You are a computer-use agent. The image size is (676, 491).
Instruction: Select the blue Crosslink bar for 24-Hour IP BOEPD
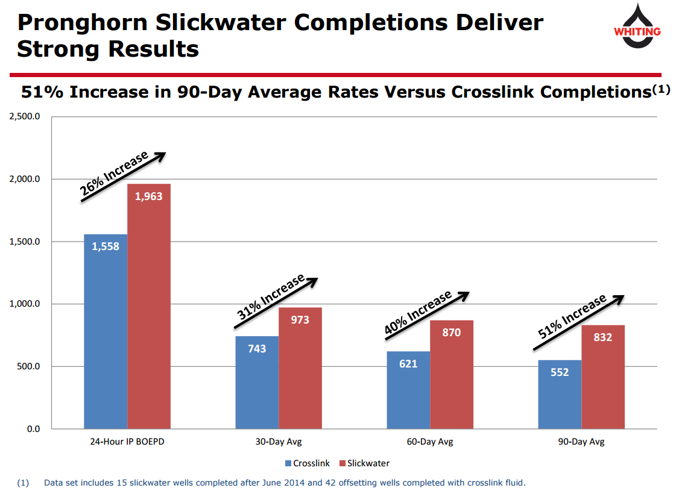click(106, 331)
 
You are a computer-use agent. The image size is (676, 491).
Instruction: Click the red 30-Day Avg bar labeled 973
click(300, 368)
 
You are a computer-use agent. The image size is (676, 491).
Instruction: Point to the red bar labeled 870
click(452, 374)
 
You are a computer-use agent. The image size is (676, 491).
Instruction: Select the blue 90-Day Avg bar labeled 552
click(560, 395)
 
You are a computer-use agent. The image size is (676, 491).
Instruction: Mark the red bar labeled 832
click(603, 377)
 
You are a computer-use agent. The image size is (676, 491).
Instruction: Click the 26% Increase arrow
click(123, 177)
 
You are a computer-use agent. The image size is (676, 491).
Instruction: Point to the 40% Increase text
click(418, 313)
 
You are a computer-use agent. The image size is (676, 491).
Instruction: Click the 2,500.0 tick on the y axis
click(25, 117)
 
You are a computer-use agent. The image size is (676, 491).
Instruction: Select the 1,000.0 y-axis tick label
click(25, 304)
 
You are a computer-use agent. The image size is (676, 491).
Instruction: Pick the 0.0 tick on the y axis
click(32, 429)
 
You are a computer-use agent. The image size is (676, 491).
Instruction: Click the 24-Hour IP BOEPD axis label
click(127, 442)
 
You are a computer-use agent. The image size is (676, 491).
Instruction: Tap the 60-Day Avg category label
click(430, 442)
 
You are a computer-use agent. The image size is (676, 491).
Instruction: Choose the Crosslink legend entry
click(307, 463)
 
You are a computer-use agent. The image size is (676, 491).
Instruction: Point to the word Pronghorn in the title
click(81, 23)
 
